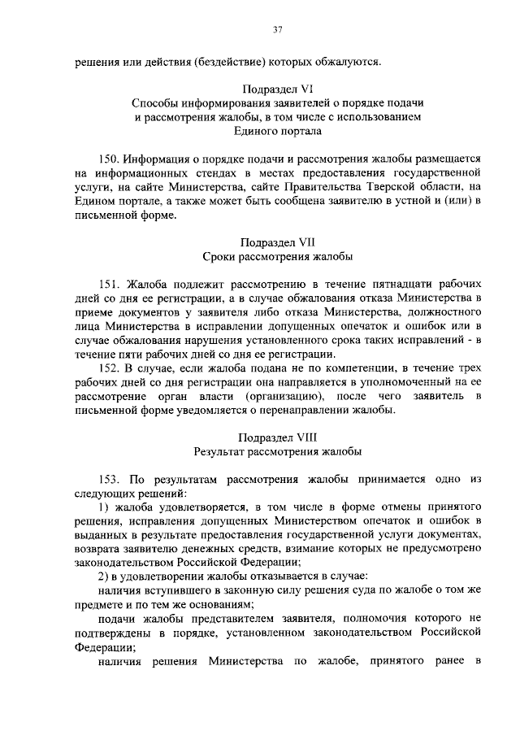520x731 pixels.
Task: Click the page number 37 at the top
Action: pos(278,30)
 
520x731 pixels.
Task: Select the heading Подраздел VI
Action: pos(278,88)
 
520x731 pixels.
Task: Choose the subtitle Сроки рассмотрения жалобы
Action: pos(278,257)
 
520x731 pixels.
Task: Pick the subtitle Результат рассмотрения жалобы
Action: pos(278,450)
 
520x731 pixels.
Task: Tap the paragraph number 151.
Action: pos(111,285)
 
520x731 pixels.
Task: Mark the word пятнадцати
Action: pos(387,285)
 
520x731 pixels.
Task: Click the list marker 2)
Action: pos(103,576)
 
